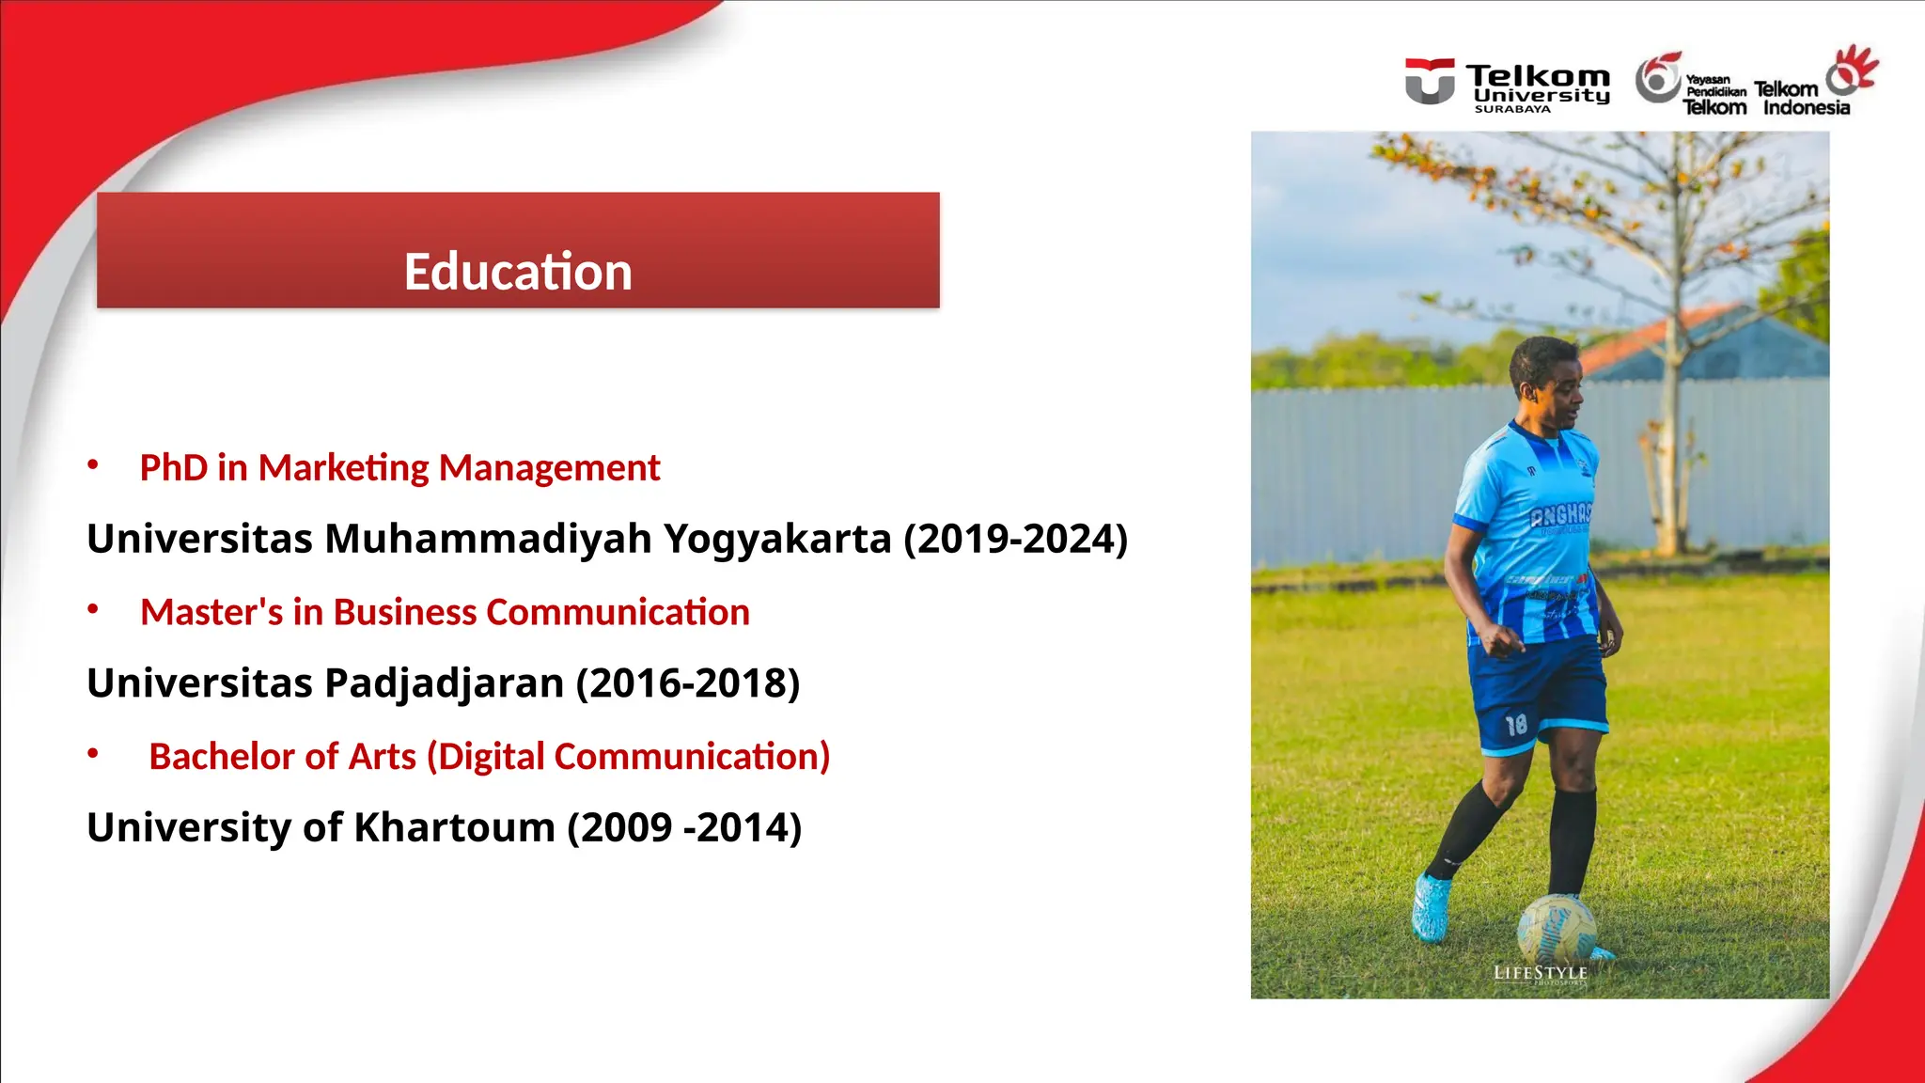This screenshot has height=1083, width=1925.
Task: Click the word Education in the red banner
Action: tap(518, 272)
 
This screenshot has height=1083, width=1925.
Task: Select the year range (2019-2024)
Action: tap(1015, 540)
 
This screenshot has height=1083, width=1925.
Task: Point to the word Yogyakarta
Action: tap(777, 540)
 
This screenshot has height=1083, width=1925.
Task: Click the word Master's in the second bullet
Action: tap(211, 613)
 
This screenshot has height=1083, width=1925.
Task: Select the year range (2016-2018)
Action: tap(687, 683)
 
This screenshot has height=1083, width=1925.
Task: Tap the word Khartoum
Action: tap(454, 828)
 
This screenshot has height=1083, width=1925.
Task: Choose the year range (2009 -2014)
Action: tap(684, 828)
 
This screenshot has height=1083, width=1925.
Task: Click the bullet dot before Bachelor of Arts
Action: tap(93, 753)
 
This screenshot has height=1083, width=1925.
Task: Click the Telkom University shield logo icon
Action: tap(1430, 81)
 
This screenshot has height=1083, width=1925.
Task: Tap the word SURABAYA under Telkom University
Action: tap(1512, 109)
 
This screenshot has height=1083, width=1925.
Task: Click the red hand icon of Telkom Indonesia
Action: tap(1853, 70)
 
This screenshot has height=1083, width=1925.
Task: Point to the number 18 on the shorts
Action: tap(1516, 725)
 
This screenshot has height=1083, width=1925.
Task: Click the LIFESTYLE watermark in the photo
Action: tap(1540, 973)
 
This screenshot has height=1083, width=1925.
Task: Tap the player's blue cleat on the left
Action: tap(1431, 907)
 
